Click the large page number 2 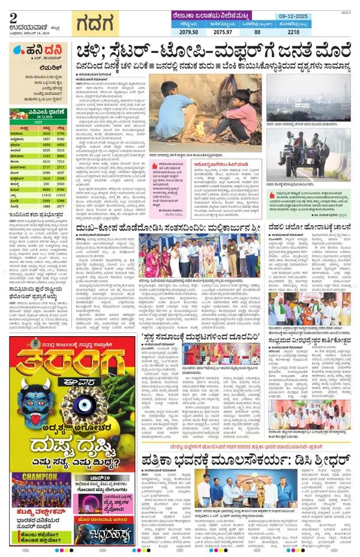coord(13,16)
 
